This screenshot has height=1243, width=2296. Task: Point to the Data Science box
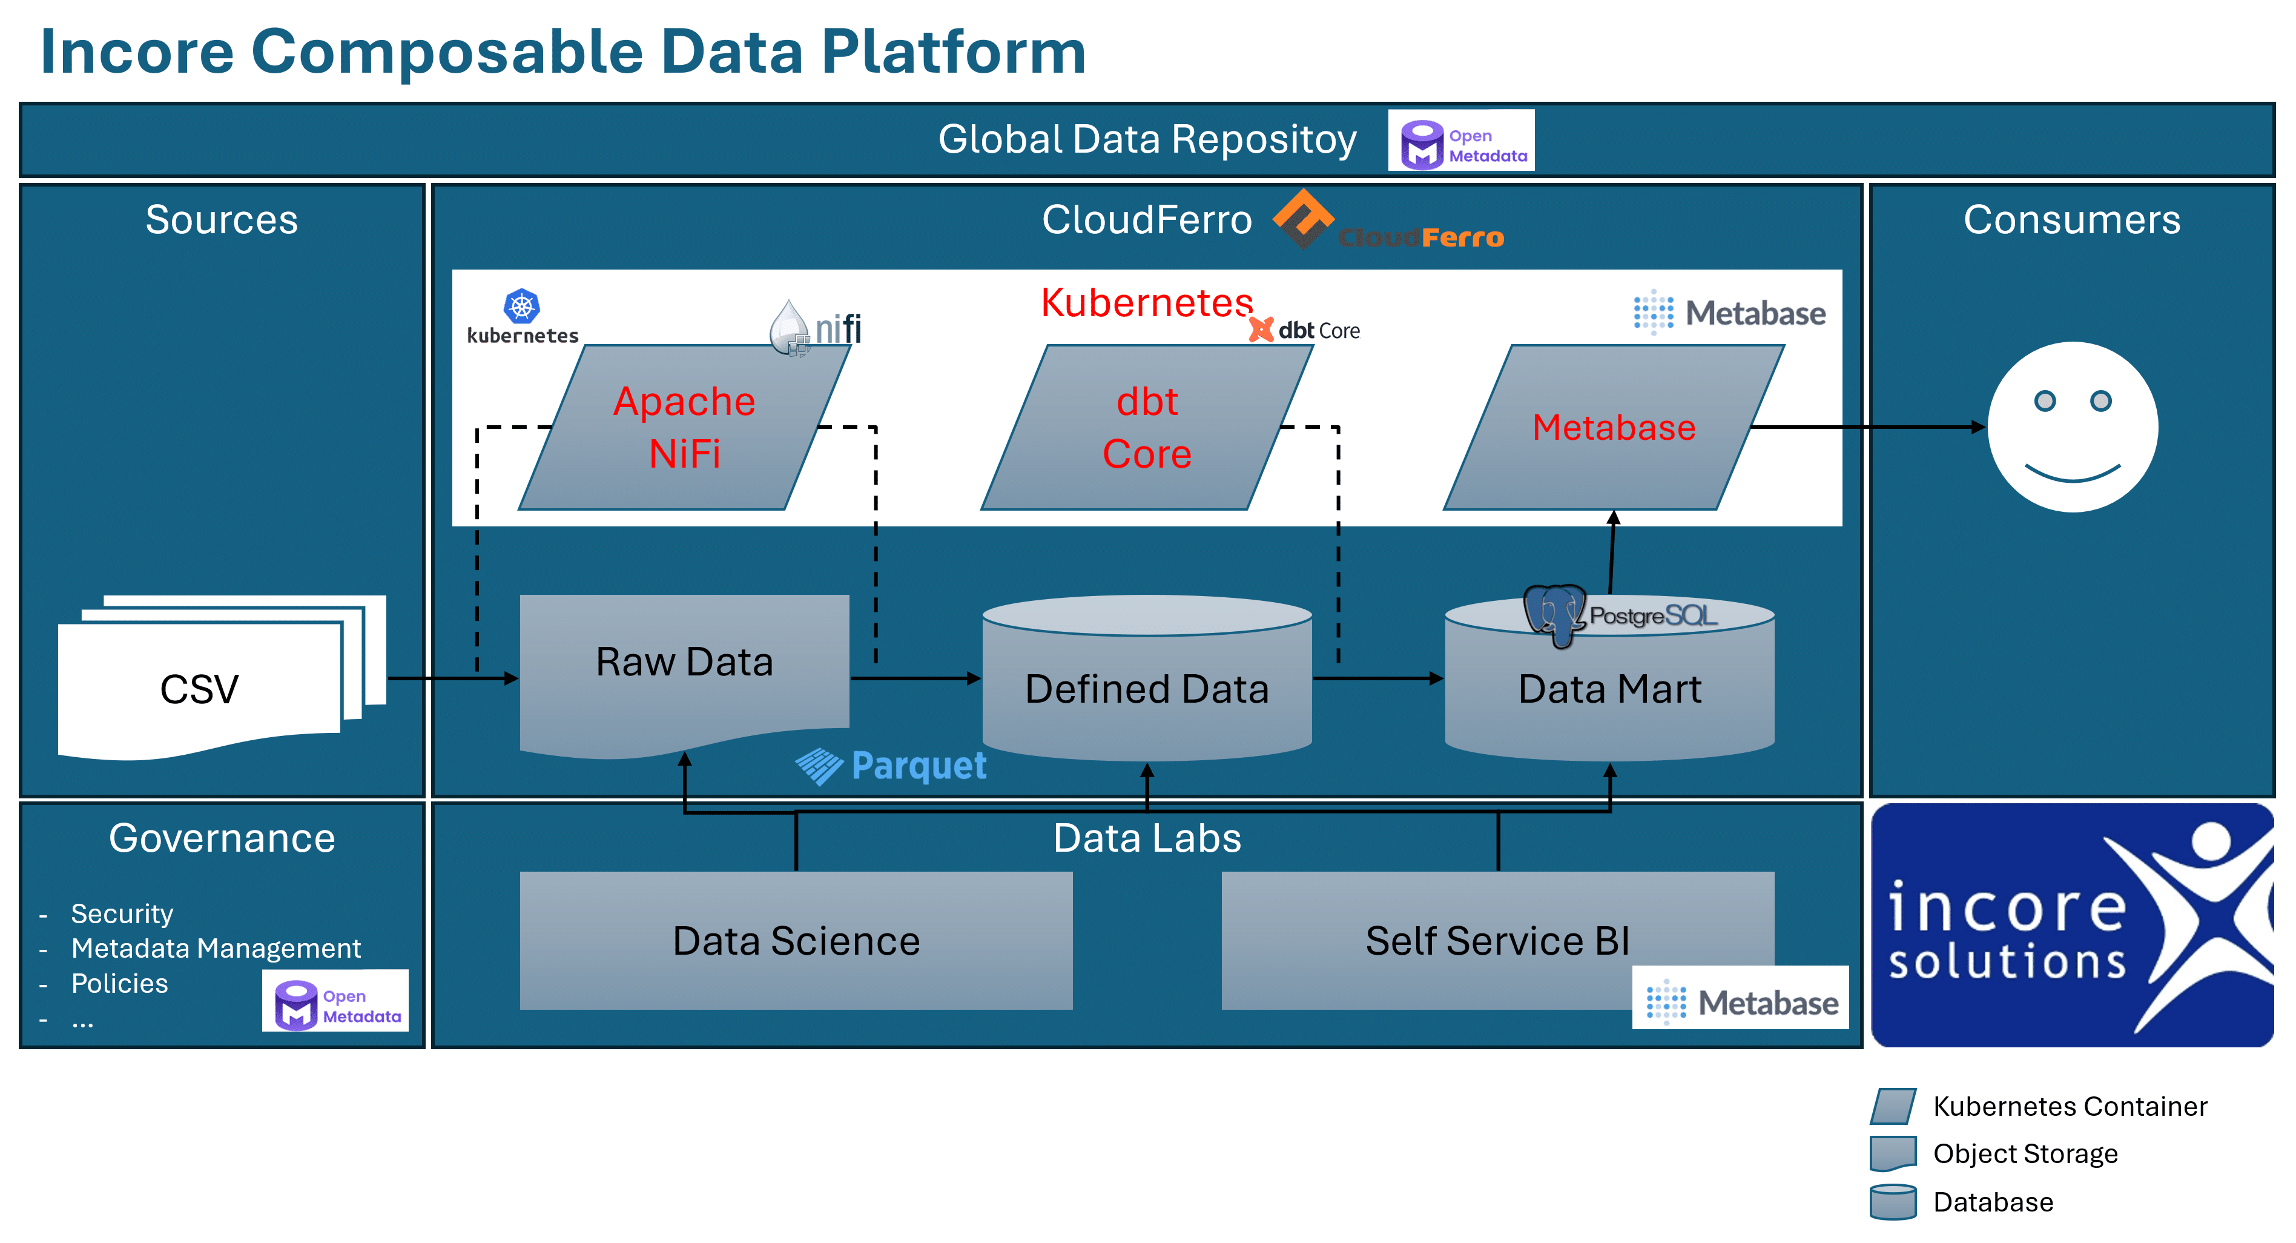pos(796,941)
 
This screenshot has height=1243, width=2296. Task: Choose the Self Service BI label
pos(1497,941)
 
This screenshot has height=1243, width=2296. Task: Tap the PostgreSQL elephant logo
pos(1554,614)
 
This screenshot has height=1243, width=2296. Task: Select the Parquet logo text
pos(918,766)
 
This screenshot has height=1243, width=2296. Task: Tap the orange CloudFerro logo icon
pos(1302,217)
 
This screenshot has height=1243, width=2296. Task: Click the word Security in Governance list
pos(122,914)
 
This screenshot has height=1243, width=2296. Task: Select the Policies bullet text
pos(119,984)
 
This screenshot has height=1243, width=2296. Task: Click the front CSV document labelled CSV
pos(199,688)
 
